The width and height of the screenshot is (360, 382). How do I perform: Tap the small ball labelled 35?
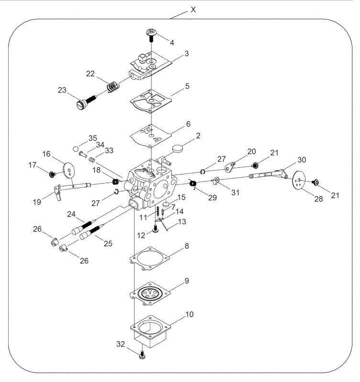click(75, 149)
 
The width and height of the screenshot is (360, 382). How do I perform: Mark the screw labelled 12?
click(156, 230)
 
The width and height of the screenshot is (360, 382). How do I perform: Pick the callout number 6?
click(188, 124)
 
